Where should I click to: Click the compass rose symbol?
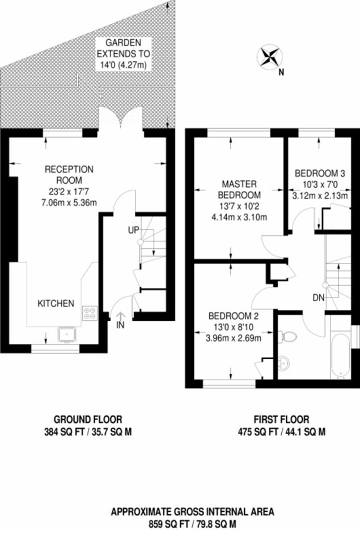click(269, 57)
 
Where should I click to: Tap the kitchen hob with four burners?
click(90, 313)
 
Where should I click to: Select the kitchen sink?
click(67, 334)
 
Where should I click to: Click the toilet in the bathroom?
click(288, 336)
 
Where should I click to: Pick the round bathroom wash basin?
click(284, 363)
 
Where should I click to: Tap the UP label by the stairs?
click(134, 230)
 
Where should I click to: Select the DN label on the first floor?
click(319, 297)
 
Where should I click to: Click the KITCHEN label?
click(56, 303)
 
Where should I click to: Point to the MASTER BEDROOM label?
click(240, 189)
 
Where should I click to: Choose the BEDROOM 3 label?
click(320, 173)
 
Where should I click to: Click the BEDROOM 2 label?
click(233, 316)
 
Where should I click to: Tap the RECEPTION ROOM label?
click(69, 175)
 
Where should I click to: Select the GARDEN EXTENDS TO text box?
click(124, 54)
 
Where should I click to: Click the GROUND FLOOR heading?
click(88, 419)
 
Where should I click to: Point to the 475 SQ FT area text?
click(282, 432)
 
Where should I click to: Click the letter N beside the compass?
click(282, 73)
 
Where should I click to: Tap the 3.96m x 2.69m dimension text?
click(234, 338)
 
